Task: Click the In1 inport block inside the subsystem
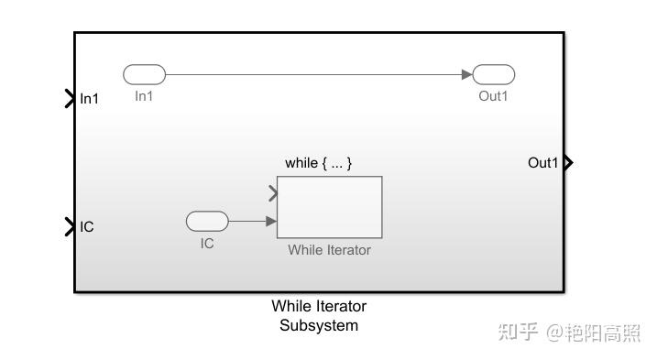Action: coord(144,75)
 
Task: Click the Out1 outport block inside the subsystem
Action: coord(494,75)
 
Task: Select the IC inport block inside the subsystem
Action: coord(207,221)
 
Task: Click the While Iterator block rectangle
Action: coord(329,207)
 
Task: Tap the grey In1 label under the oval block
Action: coord(144,96)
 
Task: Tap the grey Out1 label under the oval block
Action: coord(493,96)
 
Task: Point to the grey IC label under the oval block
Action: coord(207,244)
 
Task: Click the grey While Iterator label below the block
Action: coord(329,249)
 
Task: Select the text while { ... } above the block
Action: coord(318,163)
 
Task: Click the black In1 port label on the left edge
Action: coord(89,99)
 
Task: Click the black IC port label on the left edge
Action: coord(87,226)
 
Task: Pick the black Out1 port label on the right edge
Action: coord(542,163)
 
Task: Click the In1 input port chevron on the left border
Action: coord(70,98)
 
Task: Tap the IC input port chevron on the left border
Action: coord(70,226)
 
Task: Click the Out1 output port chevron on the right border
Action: coord(569,163)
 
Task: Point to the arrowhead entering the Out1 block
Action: coord(466,75)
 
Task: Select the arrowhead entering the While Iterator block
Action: coord(271,221)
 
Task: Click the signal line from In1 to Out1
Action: coord(312,75)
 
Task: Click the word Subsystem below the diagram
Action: coord(318,325)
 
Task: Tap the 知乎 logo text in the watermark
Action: coord(518,333)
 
